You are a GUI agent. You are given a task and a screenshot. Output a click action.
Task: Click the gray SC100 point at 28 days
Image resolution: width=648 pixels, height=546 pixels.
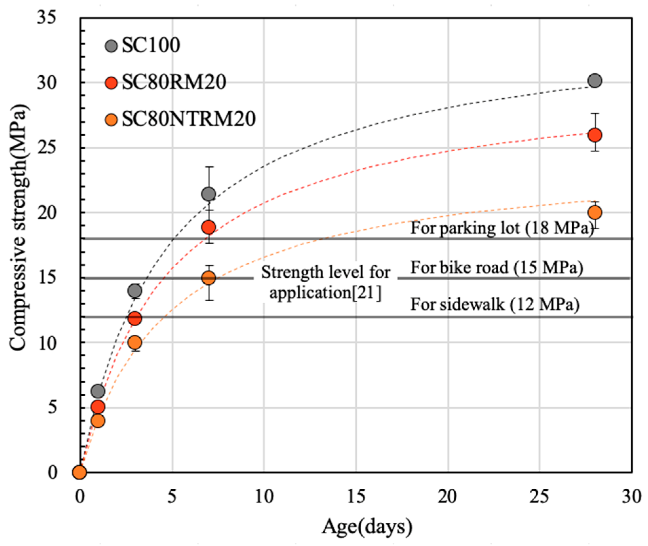595,81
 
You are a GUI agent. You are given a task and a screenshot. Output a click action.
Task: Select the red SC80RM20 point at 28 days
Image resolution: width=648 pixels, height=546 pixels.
595,135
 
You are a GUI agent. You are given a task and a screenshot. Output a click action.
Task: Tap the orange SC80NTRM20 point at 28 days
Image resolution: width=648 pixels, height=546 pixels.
595,213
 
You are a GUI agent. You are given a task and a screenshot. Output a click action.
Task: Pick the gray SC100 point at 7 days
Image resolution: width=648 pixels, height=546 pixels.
209,194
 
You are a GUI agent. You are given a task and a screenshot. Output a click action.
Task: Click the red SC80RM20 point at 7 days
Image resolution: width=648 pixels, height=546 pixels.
209,227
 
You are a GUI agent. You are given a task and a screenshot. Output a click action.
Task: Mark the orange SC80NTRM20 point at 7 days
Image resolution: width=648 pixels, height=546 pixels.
209,278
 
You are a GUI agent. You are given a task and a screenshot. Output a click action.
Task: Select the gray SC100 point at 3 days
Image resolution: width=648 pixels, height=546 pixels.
135,291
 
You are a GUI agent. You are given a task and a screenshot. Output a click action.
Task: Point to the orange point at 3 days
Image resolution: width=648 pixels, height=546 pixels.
135,343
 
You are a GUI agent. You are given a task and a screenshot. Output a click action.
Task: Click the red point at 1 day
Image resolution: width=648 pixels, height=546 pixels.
98,407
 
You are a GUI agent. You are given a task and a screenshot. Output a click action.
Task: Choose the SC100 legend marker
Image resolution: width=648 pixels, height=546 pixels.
111,46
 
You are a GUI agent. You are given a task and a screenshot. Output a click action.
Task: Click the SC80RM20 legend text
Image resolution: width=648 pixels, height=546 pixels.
174,82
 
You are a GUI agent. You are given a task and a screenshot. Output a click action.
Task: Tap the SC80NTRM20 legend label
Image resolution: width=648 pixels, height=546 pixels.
188,119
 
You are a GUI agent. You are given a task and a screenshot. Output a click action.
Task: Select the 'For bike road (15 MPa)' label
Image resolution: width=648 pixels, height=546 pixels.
497,268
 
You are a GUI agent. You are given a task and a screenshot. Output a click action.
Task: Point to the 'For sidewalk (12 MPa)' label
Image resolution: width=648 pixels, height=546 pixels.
495,305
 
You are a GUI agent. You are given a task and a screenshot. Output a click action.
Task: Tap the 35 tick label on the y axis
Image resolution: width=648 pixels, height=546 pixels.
46,17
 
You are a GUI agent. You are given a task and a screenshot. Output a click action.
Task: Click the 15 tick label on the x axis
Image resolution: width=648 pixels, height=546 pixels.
356,497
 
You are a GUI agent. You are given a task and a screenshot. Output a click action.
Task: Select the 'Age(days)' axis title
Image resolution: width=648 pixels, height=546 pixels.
367,527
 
